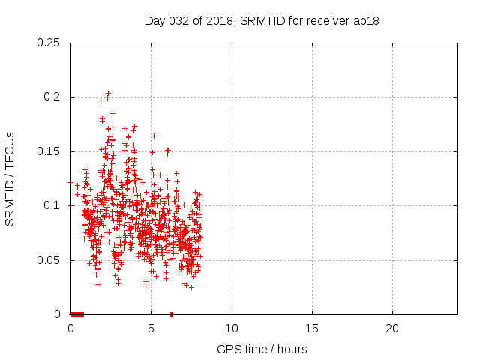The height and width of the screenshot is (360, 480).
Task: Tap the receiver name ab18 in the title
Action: (x=365, y=20)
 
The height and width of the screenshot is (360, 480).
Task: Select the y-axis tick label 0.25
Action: (x=49, y=43)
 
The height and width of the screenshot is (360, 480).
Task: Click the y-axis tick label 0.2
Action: (x=52, y=97)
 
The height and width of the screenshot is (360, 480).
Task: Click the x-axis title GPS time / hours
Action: (x=262, y=349)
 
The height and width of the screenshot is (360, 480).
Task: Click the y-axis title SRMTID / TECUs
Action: (x=10, y=178)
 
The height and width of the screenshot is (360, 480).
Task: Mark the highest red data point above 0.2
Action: (x=109, y=93)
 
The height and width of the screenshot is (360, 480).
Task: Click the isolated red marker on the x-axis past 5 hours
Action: (x=172, y=314)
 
